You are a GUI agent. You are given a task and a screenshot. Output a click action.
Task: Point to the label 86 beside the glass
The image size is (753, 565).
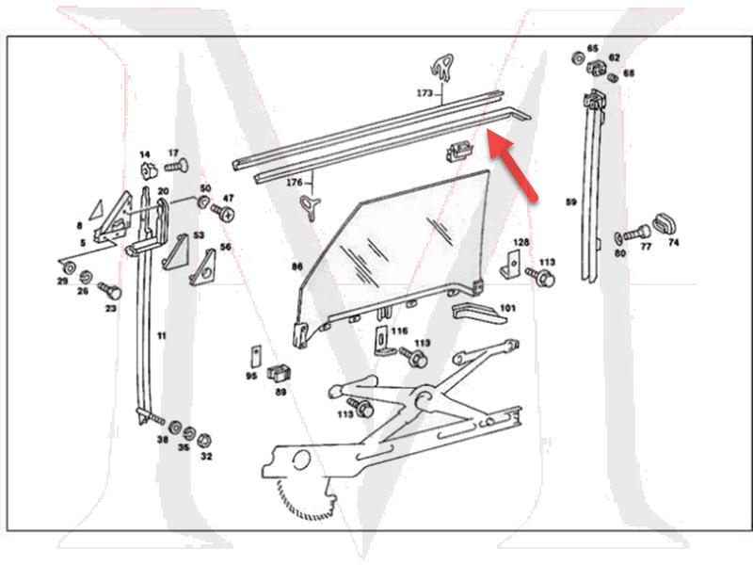[297, 266]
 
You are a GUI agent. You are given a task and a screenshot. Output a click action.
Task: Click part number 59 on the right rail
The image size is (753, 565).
[570, 202]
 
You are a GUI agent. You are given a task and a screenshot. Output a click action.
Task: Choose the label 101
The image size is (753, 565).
[507, 308]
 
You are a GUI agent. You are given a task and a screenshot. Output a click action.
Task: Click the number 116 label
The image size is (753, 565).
[400, 331]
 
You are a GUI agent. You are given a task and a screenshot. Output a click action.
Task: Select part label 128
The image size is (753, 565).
[521, 243]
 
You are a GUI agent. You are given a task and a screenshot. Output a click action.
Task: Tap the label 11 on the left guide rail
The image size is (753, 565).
[161, 335]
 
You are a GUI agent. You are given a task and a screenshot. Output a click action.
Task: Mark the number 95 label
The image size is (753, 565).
[251, 376]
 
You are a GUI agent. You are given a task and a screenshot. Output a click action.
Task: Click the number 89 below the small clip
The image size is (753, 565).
[280, 392]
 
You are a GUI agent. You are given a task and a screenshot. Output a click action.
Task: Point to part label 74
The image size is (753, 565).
[673, 242]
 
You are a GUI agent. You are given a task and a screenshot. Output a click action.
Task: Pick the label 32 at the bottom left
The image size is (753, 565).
[206, 456]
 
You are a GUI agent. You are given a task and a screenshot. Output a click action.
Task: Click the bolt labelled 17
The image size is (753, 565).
[176, 167]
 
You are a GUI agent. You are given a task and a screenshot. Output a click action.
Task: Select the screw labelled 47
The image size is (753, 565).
[224, 212]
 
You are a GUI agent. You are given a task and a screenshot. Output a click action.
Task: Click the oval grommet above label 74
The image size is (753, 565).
[666, 224]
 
